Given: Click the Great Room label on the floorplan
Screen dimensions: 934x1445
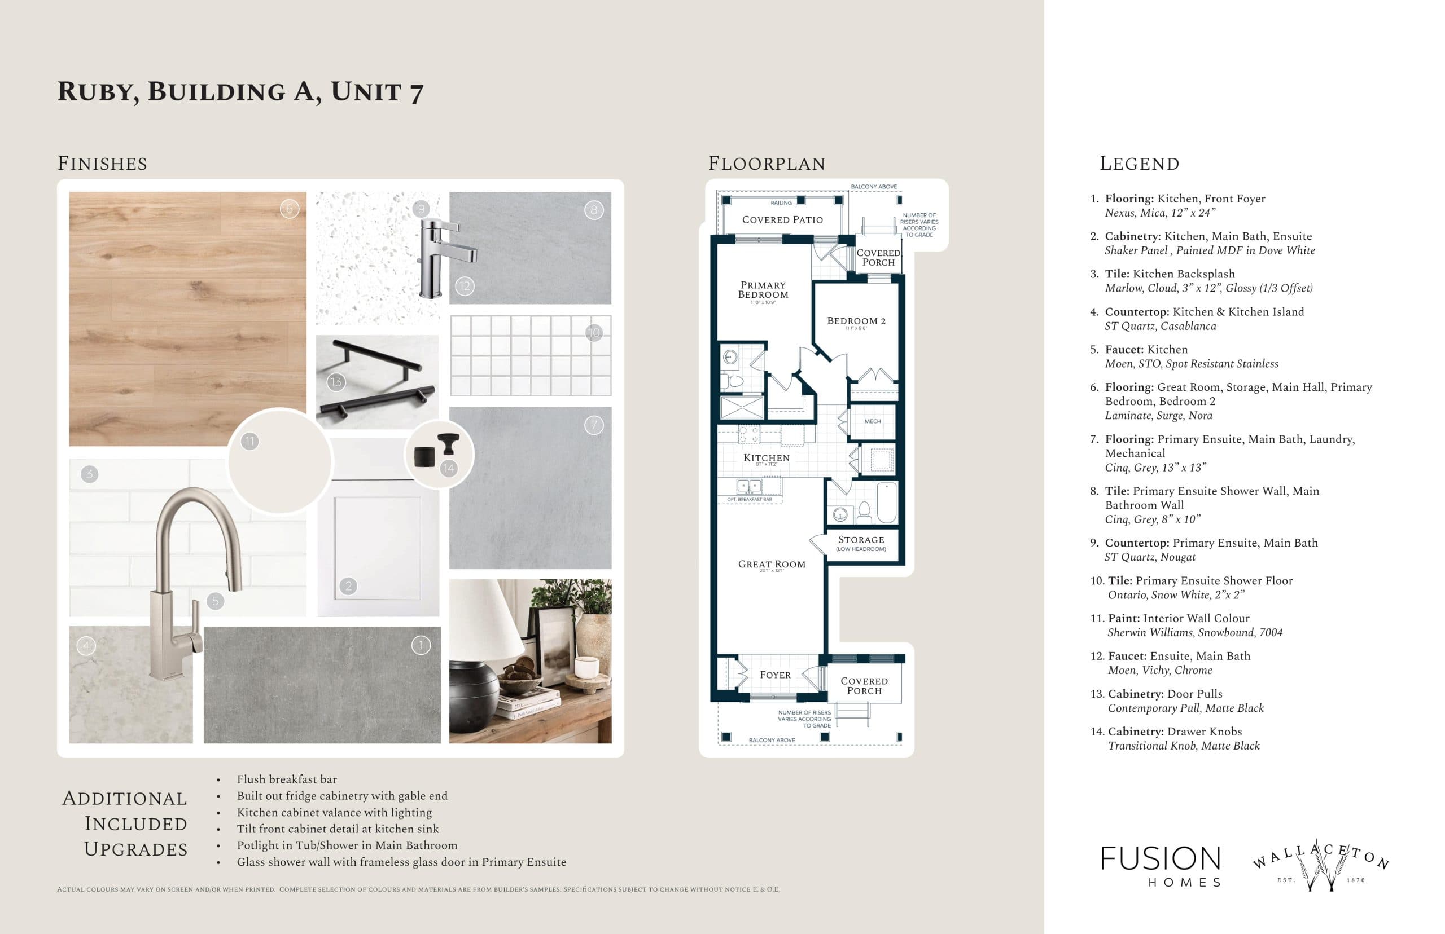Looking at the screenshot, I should click(x=772, y=564).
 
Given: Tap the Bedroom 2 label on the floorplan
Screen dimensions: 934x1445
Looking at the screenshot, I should click(x=856, y=321).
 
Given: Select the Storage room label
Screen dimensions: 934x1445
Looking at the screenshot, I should click(x=861, y=540).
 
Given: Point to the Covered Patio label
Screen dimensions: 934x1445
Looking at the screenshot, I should click(x=782, y=219).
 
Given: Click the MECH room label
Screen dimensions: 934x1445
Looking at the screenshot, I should click(x=872, y=421).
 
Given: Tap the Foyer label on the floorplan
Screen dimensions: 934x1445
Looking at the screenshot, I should click(x=775, y=675).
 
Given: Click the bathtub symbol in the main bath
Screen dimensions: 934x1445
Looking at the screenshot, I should click(x=886, y=502).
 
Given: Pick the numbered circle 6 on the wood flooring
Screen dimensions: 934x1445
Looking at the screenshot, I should click(x=290, y=209).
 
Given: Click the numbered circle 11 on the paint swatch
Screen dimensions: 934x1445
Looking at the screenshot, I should click(x=249, y=442).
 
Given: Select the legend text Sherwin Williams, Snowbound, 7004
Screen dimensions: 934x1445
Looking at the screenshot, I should click(x=1194, y=633).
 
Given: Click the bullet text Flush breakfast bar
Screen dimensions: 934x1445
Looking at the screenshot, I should click(x=286, y=779).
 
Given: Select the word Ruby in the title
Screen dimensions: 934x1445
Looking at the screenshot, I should click(x=98, y=92).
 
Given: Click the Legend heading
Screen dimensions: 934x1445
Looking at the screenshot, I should click(x=1139, y=164).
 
